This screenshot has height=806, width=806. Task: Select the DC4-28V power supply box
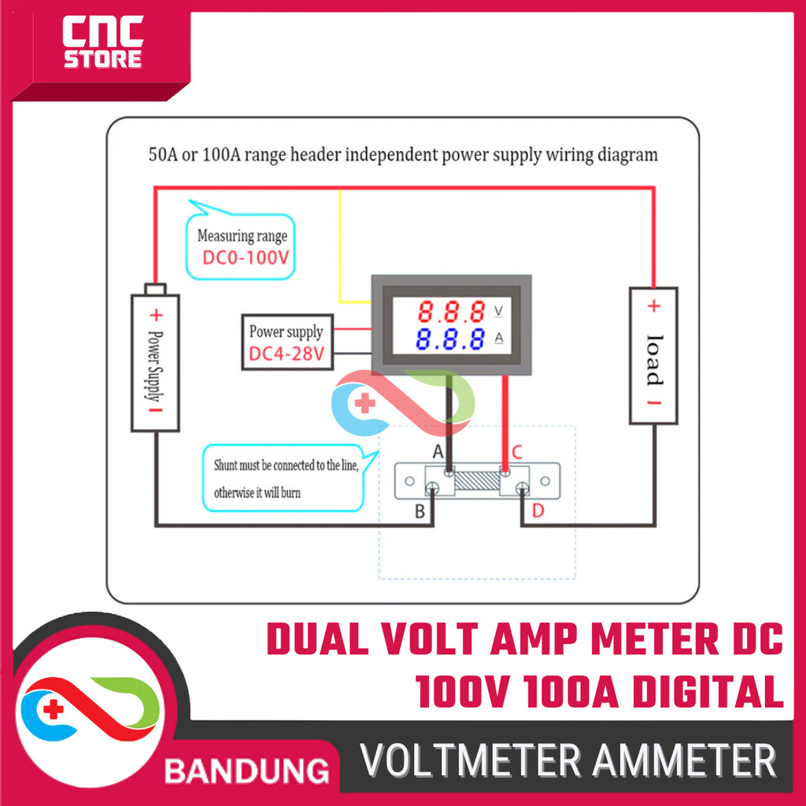pyautogui.click(x=287, y=343)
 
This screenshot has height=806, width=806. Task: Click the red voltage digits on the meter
pyautogui.click(x=451, y=312)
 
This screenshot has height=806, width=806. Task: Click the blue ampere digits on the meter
pyautogui.click(x=451, y=340)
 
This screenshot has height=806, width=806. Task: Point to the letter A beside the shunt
pyautogui.click(x=439, y=452)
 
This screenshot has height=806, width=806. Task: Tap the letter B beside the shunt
pyautogui.click(x=420, y=512)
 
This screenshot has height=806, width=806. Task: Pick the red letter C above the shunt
pyautogui.click(x=516, y=452)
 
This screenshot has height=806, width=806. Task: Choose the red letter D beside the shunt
pyautogui.click(x=538, y=512)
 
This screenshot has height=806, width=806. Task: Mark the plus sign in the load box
pyautogui.click(x=653, y=306)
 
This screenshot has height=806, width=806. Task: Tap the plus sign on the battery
pyautogui.click(x=156, y=316)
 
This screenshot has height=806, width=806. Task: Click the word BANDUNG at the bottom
pyautogui.click(x=246, y=769)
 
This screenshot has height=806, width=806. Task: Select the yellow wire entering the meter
pyautogui.click(x=340, y=252)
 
